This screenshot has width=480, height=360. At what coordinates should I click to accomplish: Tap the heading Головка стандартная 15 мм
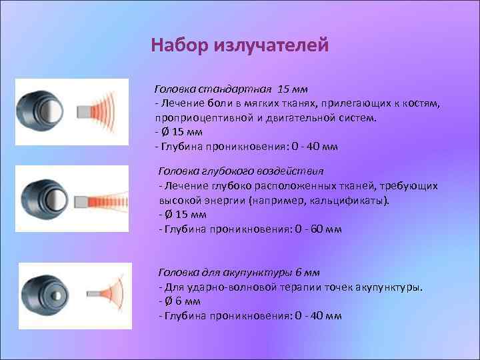pos(231,89)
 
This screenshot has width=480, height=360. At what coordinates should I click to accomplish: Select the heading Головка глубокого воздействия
pos(241,170)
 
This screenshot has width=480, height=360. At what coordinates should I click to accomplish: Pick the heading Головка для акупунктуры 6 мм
pos(239,273)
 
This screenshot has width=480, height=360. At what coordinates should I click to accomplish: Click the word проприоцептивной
pos(201,117)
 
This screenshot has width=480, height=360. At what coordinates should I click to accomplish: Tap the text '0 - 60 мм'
pos(317,229)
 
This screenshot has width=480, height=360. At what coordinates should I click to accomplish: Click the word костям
pos(420,103)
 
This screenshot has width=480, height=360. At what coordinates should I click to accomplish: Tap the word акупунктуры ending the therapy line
pos(387,287)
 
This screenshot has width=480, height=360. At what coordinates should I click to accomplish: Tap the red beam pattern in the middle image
pos(111,198)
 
